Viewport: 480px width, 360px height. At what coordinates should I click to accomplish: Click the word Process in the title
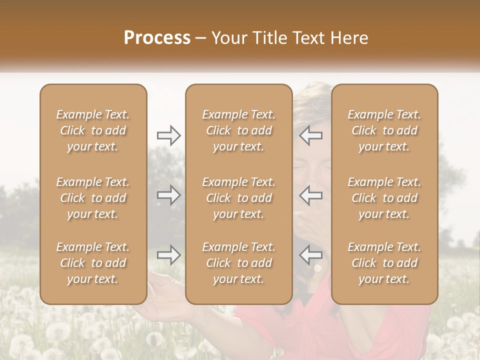tap(157, 38)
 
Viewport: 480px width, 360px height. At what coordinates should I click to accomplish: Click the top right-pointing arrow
tap(169, 135)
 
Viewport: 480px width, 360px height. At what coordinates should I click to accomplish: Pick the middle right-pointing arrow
tap(169, 195)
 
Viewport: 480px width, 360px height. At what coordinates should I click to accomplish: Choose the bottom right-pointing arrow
tap(169, 255)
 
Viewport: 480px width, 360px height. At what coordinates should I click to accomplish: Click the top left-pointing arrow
tap(311, 135)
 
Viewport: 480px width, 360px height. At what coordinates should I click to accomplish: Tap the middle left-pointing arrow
tap(311, 195)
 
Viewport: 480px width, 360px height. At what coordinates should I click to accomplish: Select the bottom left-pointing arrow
tap(311, 255)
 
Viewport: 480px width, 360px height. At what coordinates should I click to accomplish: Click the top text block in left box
tap(93, 130)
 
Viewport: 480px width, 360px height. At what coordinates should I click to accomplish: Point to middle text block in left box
tap(93, 198)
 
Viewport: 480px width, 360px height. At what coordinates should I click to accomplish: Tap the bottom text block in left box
tap(93, 263)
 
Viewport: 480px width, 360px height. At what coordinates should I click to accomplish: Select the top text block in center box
tap(239, 130)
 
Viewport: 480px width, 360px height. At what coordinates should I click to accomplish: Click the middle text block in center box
tap(239, 198)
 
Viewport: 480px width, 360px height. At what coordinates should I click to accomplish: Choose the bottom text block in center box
tap(239, 263)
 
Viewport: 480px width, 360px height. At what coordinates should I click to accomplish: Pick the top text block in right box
tap(384, 130)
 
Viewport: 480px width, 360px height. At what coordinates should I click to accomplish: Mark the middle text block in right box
tap(384, 198)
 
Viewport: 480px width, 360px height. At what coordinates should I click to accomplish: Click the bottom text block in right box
tap(384, 263)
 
